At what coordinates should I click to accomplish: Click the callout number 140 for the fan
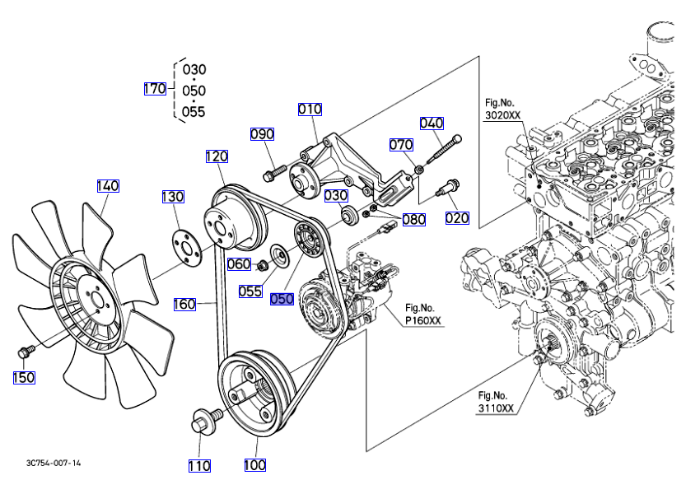[x=108, y=186]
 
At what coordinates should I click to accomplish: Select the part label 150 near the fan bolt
[x=25, y=378]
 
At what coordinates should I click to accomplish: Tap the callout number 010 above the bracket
[x=310, y=110]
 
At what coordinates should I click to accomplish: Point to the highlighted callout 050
[x=282, y=300]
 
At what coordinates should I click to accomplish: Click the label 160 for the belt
[x=184, y=305]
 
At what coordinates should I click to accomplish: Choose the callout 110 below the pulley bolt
[x=199, y=466]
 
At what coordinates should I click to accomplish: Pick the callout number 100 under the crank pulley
[x=255, y=466]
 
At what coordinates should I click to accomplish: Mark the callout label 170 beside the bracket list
[x=155, y=89]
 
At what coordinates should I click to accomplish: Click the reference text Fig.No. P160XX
[x=423, y=315]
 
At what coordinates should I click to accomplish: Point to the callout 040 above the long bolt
[x=432, y=123]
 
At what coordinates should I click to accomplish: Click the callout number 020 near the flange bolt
[x=457, y=218]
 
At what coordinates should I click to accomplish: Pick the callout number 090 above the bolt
[x=262, y=134]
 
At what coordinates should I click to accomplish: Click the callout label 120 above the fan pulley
[x=217, y=156]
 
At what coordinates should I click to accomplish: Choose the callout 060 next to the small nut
[x=239, y=264]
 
